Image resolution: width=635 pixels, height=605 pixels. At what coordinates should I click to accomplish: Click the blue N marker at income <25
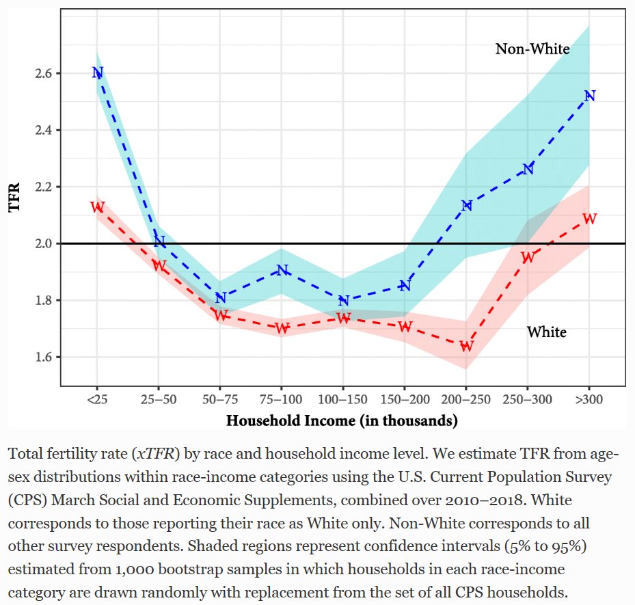[x=97, y=72]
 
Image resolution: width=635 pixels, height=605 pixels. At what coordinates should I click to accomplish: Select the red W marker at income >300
[x=589, y=219]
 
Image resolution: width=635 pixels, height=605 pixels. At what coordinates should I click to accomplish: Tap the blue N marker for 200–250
[x=466, y=205]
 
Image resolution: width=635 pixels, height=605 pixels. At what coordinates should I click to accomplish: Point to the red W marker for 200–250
[x=466, y=346]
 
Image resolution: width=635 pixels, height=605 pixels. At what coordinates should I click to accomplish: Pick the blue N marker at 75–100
[x=282, y=270]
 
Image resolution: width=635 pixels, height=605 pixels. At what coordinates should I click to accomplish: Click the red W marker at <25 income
[x=97, y=206]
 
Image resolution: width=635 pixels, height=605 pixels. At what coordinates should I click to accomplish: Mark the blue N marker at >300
[x=589, y=96]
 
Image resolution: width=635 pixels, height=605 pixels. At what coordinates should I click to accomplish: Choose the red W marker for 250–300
[x=528, y=258]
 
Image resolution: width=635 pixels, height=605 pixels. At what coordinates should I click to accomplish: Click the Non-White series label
[x=532, y=49]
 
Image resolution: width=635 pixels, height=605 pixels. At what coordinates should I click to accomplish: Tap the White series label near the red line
[x=546, y=332]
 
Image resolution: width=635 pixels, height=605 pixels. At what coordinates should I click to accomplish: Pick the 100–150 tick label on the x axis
[x=343, y=399]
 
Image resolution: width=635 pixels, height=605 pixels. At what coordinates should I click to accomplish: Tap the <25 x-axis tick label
[x=96, y=399]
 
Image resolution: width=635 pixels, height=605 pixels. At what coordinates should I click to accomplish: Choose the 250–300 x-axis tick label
[x=528, y=399]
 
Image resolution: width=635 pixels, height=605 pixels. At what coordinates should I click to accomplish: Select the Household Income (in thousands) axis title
[x=342, y=420]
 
